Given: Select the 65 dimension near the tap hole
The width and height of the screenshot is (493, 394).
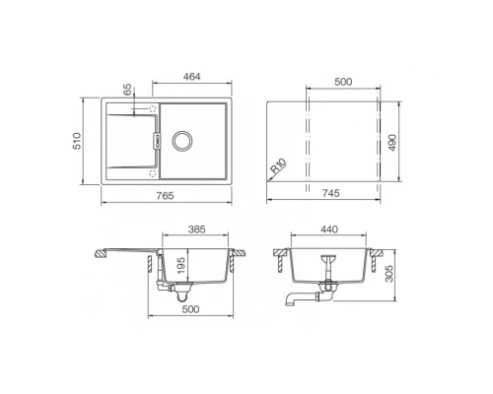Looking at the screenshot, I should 127,91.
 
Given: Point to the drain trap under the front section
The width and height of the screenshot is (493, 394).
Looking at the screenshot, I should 177,292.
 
